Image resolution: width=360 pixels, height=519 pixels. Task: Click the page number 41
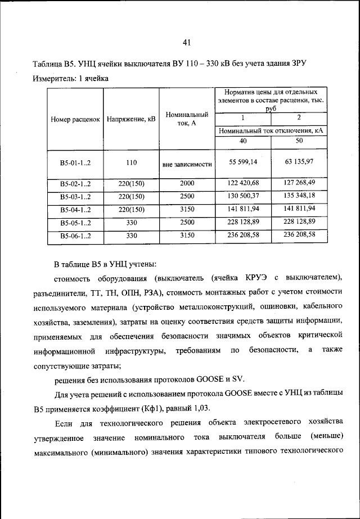tap(188, 42)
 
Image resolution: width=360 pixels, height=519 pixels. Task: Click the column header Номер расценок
tap(75, 120)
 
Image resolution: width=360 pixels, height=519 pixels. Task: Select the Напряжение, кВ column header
tap(131, 120)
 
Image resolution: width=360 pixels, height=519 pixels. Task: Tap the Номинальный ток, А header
tap(187, 119)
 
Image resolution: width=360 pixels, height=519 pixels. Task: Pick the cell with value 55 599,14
tap(243, 162)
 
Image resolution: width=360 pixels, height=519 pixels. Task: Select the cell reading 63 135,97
tap(299, 162)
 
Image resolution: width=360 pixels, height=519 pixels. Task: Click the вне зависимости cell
tap(187, 165)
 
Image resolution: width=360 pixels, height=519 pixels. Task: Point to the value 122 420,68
tap(243, 183)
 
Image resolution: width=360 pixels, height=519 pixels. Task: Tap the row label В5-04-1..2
tap(75, 210)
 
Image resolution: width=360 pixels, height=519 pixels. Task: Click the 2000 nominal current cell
tap(187, 183)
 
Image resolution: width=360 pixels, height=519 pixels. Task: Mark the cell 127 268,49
tap(299, 183)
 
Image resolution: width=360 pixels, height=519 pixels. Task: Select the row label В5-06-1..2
tap(75, 236)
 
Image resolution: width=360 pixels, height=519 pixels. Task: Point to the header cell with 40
tap(243, 142)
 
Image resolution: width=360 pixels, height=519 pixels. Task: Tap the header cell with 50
tap(299, 142)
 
